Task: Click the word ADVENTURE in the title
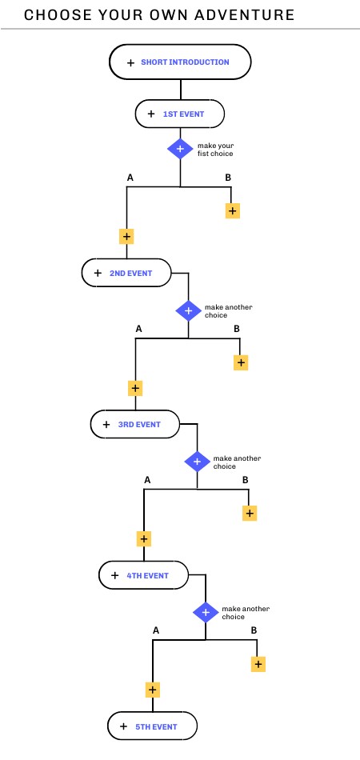coord(245,15)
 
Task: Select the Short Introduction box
coord(180,62)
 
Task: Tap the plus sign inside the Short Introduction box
coord(130,62)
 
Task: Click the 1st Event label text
coord(184,114)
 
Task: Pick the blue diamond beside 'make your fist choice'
coord(180,148)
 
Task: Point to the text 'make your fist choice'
coord(216,150)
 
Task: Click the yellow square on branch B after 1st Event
coord(233,211)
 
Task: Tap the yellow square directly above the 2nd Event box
coord(126,237)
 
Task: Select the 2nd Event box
coord(126,273)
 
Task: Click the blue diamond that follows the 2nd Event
coord(189,310)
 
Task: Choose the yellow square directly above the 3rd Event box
coord(135,388)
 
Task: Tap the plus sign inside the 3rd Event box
coord(106,425)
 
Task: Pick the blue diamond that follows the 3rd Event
coord(198,462)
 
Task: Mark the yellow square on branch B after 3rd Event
coord(250,514)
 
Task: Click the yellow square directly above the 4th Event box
coord(144,539)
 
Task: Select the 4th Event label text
coord(148,576)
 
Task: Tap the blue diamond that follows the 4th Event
coord(206,613)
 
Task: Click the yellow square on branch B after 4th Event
coord(258,664)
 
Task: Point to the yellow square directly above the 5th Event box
coord(153,690)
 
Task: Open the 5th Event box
coord(153,726)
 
